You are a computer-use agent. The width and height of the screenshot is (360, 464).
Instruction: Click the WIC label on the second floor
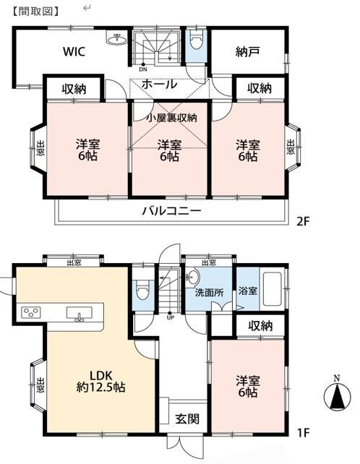74,51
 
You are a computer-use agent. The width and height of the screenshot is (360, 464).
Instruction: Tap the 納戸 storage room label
247,52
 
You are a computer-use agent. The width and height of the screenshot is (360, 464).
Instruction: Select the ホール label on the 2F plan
159,85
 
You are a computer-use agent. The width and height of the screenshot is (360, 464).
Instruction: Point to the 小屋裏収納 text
172,118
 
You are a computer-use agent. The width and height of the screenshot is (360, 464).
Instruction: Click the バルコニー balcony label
172,211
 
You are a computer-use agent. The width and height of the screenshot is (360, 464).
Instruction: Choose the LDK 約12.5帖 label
100,381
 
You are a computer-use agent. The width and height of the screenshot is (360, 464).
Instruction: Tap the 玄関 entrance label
187,419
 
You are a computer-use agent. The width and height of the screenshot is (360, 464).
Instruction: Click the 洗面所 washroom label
209,293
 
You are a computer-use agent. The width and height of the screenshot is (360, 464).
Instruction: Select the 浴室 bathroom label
247,291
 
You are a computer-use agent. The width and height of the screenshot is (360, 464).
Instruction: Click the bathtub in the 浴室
273,289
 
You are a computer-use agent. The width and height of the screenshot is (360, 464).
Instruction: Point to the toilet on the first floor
141,290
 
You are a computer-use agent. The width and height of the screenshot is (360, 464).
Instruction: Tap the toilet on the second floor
195,42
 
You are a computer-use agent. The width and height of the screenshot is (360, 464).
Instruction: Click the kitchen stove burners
31,312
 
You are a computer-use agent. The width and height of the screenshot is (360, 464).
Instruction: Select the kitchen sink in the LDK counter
80,314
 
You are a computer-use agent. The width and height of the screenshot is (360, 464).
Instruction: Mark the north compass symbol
337,394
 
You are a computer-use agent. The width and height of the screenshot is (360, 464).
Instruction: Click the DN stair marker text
143,70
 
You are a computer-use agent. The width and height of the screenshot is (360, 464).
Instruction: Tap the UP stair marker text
171,318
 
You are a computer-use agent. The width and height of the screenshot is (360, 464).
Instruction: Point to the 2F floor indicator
302,221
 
